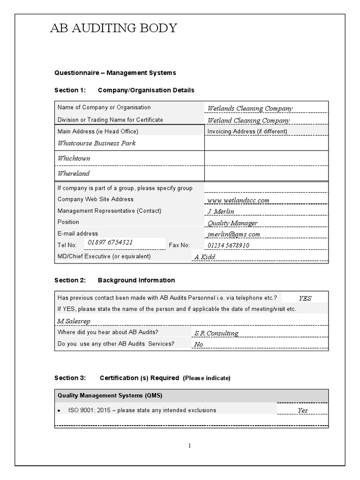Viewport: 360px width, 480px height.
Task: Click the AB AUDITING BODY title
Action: point(113,29)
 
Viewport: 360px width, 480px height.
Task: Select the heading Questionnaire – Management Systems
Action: point(115,73)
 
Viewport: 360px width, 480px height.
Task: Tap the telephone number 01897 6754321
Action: point(110,242)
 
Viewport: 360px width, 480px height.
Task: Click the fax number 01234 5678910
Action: point(228,245)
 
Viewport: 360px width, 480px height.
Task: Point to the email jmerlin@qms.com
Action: point(233,234)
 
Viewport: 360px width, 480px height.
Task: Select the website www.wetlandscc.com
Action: point(238,200)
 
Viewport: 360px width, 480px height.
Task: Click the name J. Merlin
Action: point(220,211)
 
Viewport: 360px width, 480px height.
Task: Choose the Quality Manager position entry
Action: point(232,223)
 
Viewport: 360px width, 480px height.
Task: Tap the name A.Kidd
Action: point(204,257)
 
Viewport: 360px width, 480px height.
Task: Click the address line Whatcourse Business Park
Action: point(97,143)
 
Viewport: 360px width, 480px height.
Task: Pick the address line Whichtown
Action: point(74,158)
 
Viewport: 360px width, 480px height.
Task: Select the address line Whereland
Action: point(73,173)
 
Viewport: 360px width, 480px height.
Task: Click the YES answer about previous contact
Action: point(305,298)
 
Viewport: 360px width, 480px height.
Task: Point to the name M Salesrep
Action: point(74,321)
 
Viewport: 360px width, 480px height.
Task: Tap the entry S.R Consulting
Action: point(216,333)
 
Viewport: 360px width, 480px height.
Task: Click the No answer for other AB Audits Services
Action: point(199,345)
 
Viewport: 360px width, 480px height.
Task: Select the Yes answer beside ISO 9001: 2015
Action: point(303,411)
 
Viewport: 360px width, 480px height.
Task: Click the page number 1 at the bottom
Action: point(189,446)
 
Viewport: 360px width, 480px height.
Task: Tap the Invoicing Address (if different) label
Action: point(247,132)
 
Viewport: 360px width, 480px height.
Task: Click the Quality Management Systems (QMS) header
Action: point(110,395)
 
